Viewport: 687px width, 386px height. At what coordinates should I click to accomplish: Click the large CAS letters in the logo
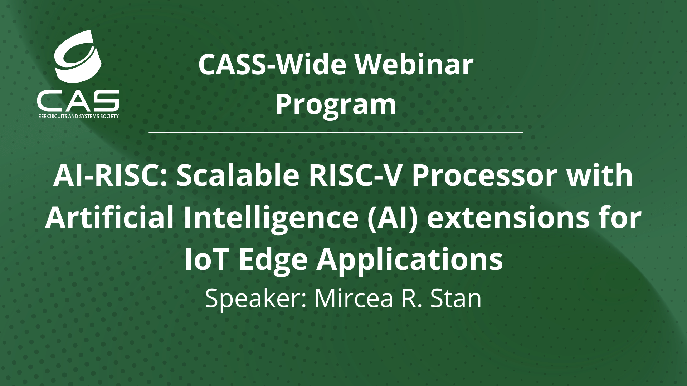point(78,100)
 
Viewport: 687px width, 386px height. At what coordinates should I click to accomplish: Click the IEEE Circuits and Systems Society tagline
point(78,117)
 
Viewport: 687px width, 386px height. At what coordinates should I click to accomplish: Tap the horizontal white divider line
point(336,132)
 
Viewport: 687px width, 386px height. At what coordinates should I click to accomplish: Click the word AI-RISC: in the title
point(110,177)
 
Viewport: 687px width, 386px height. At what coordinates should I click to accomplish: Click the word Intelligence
point(270,218)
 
